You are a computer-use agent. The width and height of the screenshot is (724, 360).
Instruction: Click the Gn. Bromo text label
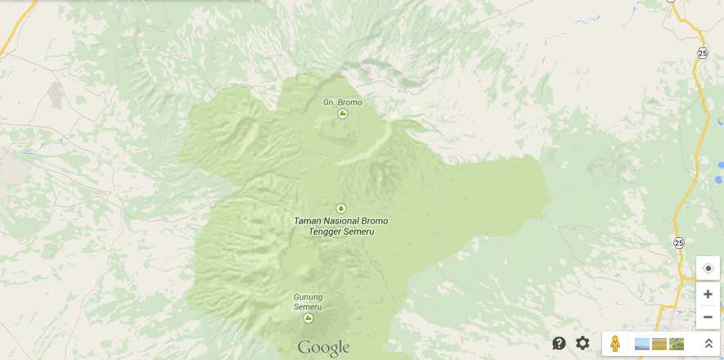342,102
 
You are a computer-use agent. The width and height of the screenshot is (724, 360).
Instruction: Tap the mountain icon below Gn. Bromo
343,114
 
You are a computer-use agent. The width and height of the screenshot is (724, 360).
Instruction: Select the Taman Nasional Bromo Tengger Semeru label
340,227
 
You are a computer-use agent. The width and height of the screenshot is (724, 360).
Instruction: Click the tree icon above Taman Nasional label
341,209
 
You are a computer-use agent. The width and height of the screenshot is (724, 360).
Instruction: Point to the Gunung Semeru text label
308,302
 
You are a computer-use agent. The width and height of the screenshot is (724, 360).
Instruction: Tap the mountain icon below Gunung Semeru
308,318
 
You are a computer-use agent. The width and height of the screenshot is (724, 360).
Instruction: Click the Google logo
323,349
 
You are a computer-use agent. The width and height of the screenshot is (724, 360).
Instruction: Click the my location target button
708,268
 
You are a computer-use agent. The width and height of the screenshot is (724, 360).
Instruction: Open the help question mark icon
560,344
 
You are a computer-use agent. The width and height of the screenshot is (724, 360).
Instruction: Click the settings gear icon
582,344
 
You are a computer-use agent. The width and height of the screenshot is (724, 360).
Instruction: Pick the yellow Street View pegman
616,344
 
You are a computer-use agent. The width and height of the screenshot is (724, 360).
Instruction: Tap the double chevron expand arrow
708,344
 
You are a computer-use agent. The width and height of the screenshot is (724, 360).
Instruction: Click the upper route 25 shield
703,53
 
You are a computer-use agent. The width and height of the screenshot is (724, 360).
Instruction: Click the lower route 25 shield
679,243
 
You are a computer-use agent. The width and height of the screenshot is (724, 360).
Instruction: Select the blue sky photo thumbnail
642,344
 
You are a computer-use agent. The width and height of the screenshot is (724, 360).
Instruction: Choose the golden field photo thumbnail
659,344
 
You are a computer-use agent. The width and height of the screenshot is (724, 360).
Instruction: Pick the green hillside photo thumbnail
677,344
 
